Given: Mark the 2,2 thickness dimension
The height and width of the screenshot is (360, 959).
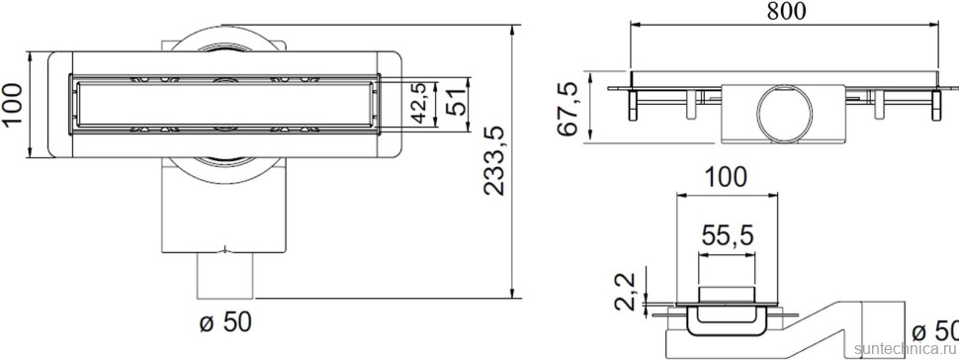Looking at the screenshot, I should [625, 292].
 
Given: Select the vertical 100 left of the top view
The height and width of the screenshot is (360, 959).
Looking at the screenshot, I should [13, 103].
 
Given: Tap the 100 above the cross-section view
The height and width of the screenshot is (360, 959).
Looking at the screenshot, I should [727, 179].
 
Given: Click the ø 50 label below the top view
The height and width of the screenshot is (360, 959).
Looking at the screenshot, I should [225, 321].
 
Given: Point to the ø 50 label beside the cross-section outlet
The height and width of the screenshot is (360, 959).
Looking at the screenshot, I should [933, 330].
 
